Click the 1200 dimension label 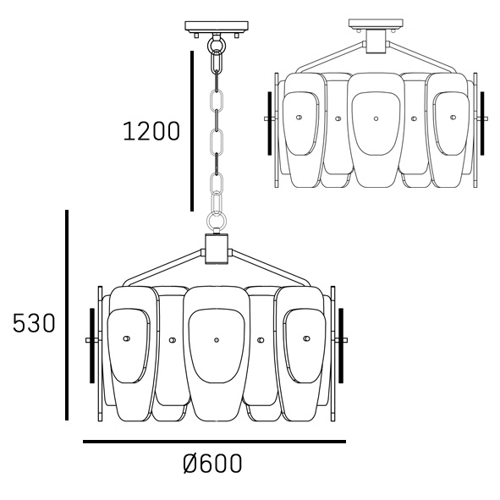(151, 131)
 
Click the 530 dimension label (34, 323)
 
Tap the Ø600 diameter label (212, 464)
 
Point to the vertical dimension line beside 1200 (192, 131)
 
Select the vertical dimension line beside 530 (67, 315)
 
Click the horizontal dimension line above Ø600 (214, 442)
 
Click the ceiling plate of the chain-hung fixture (217, 27)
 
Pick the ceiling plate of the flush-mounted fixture (376, 24)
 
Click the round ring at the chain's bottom (217, 220)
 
